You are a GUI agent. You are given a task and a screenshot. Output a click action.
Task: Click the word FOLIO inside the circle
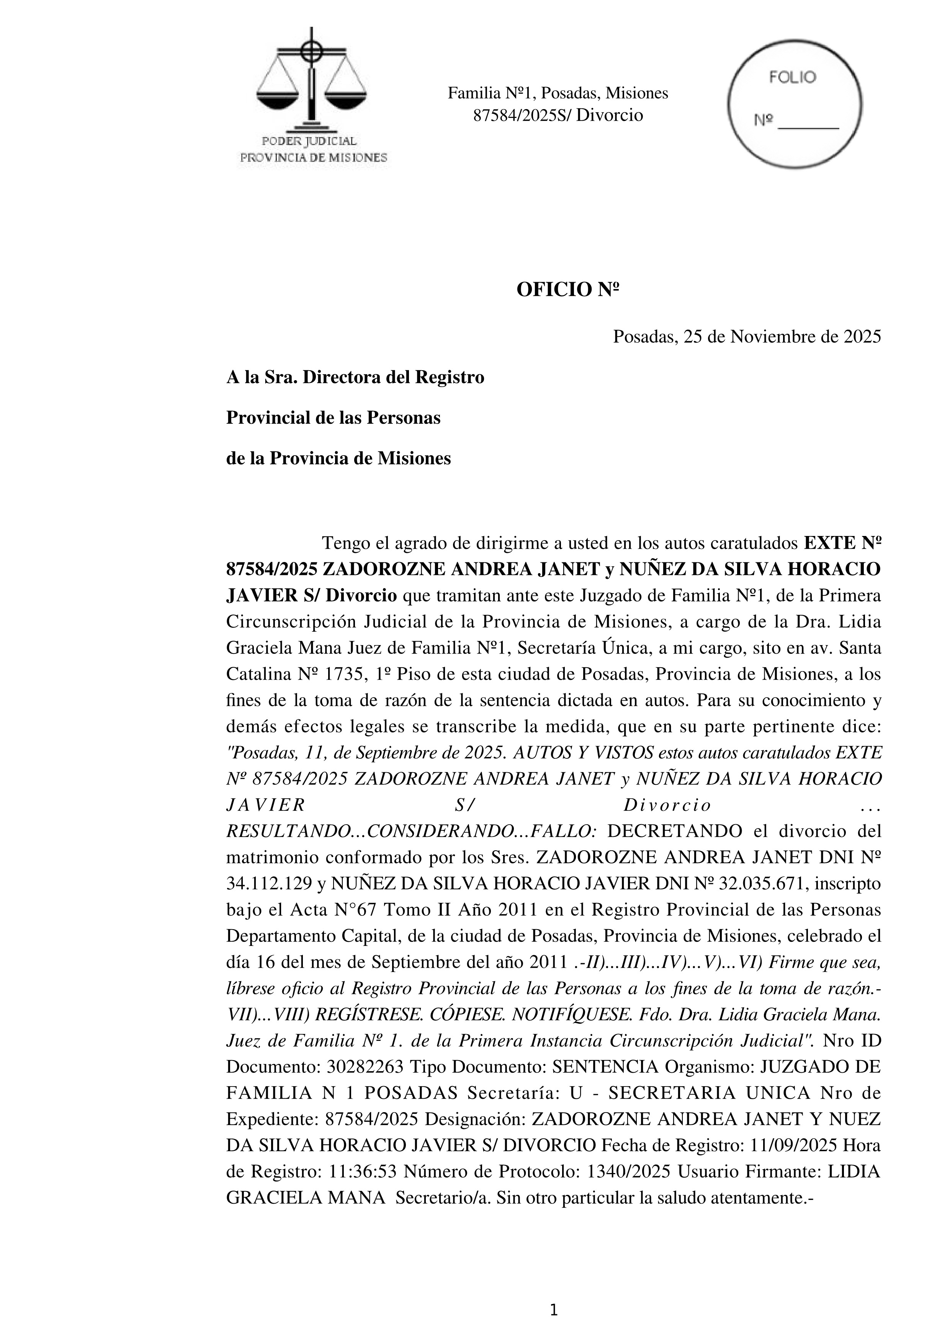click(x=792, y=78)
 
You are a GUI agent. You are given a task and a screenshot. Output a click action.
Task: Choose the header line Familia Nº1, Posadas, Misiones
click(x=558, y=93)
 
